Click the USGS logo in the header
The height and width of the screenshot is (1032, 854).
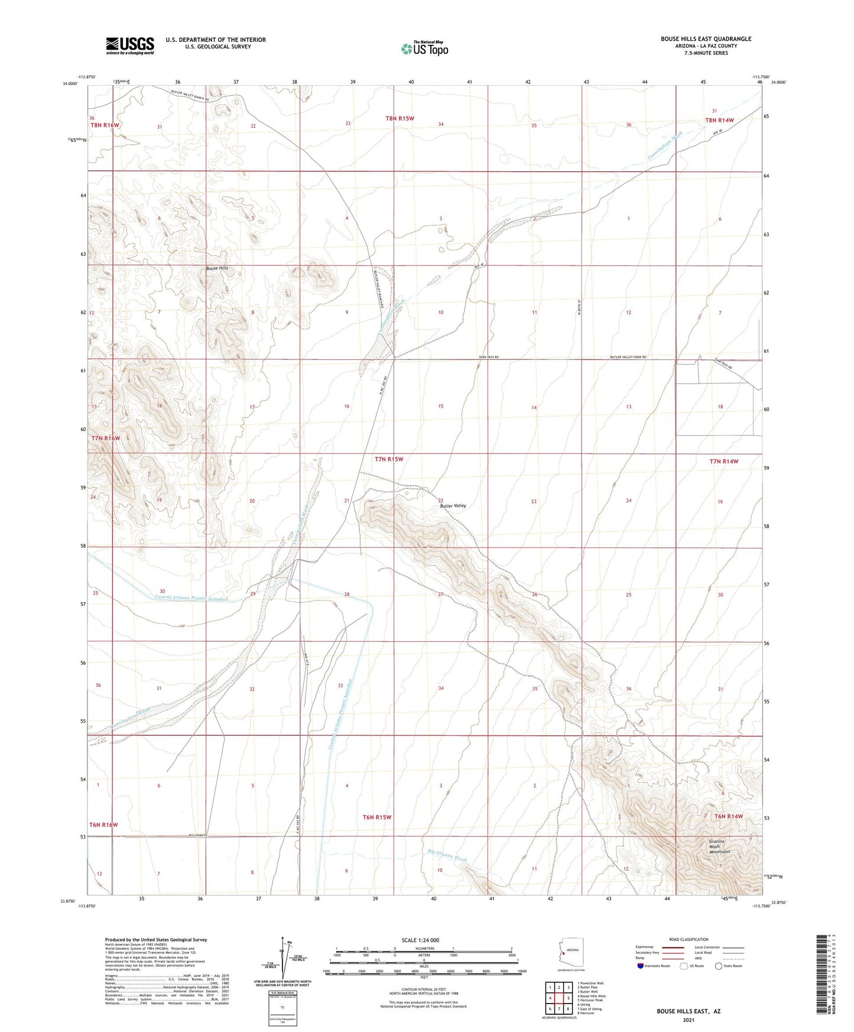(x=129, y=46)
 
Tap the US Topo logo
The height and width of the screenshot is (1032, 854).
(x=424, y=48)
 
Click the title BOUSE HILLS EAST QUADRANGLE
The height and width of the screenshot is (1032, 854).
(x=706, y=39)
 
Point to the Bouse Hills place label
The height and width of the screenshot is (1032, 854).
(x=216, y=268)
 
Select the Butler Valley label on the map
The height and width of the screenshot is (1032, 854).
(x=453, y=506)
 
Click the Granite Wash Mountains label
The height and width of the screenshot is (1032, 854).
(x=719, y=846)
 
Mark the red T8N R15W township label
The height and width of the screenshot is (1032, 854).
(x=400, y=118)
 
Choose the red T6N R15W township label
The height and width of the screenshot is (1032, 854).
(x=377, y=817)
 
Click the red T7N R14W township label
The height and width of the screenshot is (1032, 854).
(x=724, y=461)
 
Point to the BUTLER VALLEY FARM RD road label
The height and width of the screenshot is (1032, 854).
(x=628, y=358)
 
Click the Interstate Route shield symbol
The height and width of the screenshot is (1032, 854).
(x=641, y=966)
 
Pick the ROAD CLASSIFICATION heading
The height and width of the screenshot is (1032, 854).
(x=689, y=939)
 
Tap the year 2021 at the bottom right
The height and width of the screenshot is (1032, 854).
(x=688, y=1020)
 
